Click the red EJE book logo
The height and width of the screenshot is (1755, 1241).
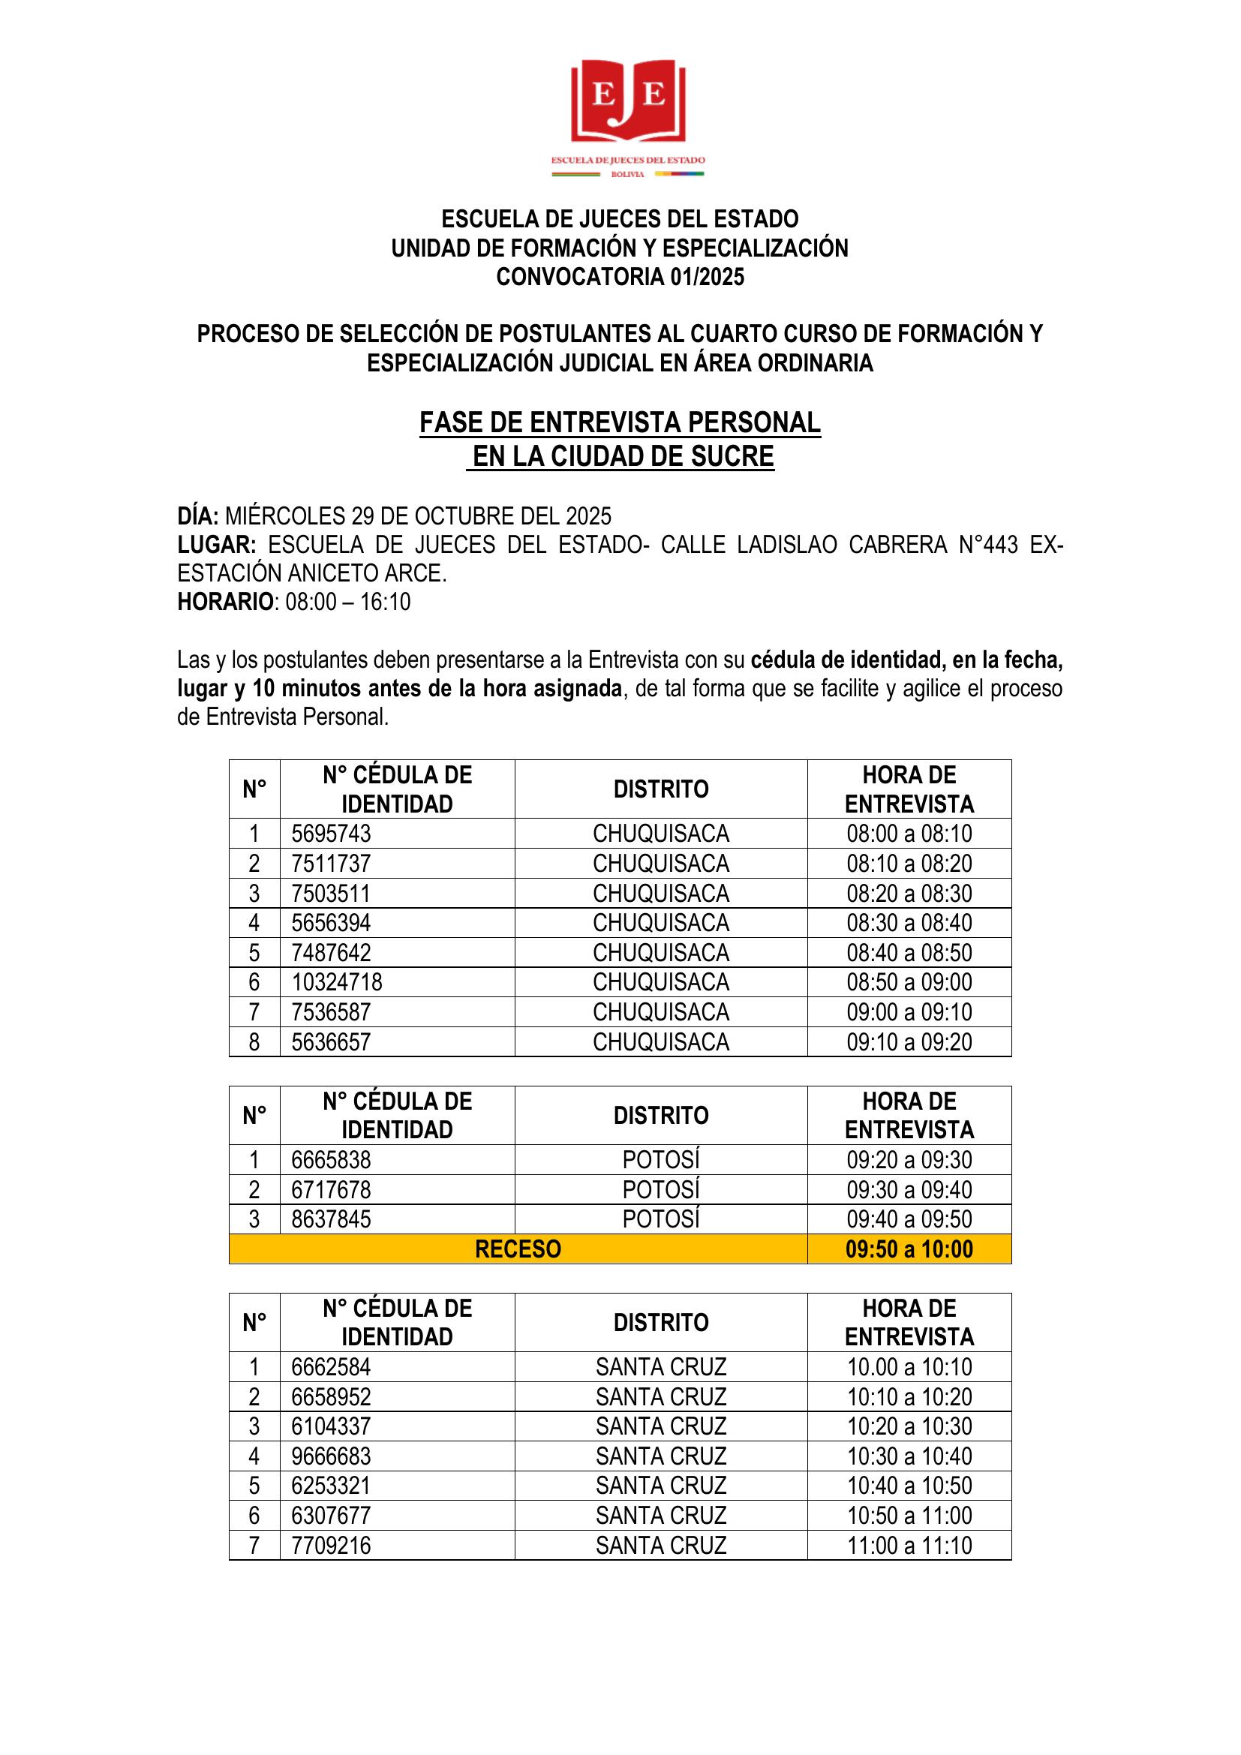[627, 101]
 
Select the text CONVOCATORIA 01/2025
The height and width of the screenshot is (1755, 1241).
[620, 277]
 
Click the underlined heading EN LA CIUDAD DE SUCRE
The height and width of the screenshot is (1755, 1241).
[622, 456]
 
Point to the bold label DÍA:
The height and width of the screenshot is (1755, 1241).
[198, 516]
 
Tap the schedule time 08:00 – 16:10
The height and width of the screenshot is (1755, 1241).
[347, 602]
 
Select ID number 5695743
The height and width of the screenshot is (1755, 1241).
[331, 833]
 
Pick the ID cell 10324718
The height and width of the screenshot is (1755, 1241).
[336, 981]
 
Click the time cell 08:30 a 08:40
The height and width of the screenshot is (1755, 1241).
[909, 923]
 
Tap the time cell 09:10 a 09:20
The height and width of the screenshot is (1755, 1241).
[909, 1041]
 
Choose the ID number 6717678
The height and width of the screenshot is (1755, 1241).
[331, 1189]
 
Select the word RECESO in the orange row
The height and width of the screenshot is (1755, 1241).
[518, 1249]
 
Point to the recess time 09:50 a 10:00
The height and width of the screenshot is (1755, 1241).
[909, 1249]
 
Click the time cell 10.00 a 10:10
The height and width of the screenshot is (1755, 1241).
[909, 1366]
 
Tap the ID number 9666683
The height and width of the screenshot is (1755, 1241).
[331, 1456]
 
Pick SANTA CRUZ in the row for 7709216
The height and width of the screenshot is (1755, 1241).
[660, 1545]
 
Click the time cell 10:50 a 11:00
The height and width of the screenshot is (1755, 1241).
[909, 1515]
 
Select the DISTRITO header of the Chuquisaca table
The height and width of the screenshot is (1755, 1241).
[660, 789]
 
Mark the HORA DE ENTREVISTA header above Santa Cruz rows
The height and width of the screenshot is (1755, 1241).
[909, 1322]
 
